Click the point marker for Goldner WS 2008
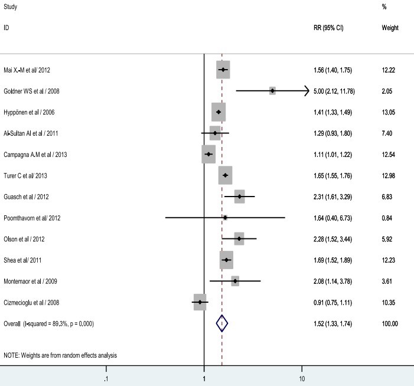272,90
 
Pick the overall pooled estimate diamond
221,323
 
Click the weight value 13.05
389,112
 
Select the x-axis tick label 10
302,379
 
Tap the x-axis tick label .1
106,379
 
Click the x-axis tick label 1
204,379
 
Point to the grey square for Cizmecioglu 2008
200,302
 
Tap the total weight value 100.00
390,323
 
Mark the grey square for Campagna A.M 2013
208,154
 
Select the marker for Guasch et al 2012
239,197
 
